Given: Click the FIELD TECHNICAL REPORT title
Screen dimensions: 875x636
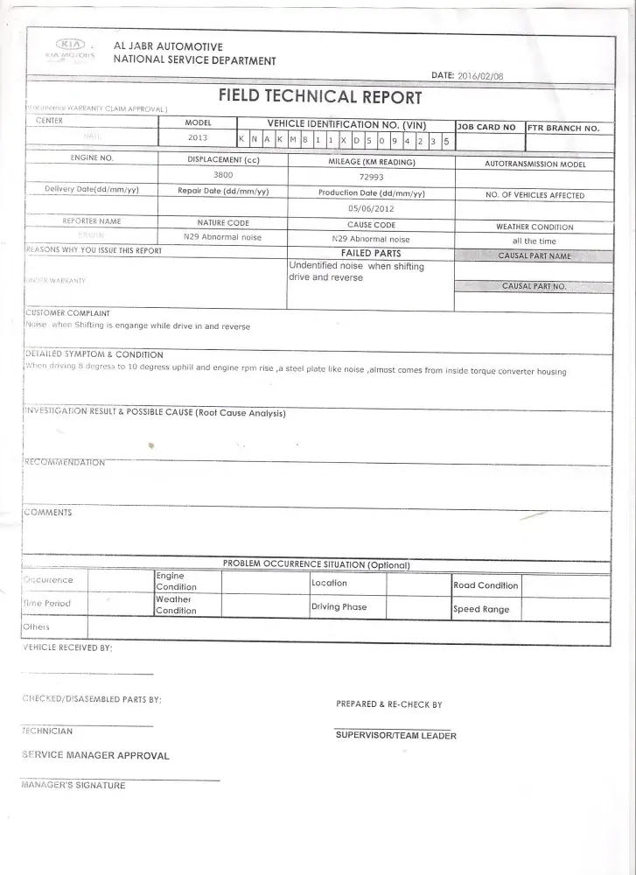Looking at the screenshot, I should click(x=320, y=97).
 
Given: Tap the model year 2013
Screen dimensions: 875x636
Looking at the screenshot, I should click(x=198, y=137).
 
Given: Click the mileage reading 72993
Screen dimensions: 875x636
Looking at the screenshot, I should click(x=371, y=176).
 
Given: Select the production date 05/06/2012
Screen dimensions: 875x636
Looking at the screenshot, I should click(x=371, y=208).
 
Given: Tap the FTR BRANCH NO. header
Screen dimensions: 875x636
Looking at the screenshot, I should click(x=563, y=128).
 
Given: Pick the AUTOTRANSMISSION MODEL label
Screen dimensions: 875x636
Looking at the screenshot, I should click(x=535, y=164).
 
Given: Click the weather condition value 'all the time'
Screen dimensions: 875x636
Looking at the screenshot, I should click(x=534, y=241).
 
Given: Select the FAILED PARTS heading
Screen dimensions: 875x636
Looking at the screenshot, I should click(x=371, y=253).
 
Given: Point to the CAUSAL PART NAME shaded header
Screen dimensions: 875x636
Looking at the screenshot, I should click(x=534, y=255).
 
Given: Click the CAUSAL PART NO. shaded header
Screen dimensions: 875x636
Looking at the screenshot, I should click(x=534, y=286).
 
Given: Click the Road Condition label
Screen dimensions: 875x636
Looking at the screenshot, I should click(x=485, y=584).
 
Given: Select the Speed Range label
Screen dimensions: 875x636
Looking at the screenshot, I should click(x=480, y=609).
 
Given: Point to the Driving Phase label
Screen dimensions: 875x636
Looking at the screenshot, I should click(x=339, y=606).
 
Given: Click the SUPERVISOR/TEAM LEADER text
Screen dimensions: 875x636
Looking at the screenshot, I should click(x=395, y=736).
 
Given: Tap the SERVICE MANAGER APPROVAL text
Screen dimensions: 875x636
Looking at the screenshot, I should click(x=95, y=755).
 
